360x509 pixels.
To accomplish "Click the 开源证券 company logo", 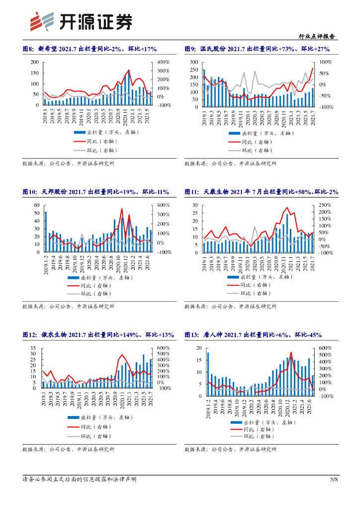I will [82, 21].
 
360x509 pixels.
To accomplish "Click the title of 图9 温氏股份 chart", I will [257, 49].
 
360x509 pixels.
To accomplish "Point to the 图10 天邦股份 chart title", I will [95, 191].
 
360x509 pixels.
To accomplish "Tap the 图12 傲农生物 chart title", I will [98, 335].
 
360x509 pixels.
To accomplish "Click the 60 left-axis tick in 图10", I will [36, 205].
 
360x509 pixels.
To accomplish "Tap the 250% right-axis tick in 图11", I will [326, 205].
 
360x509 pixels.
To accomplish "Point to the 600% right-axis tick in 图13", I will [326, 348].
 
